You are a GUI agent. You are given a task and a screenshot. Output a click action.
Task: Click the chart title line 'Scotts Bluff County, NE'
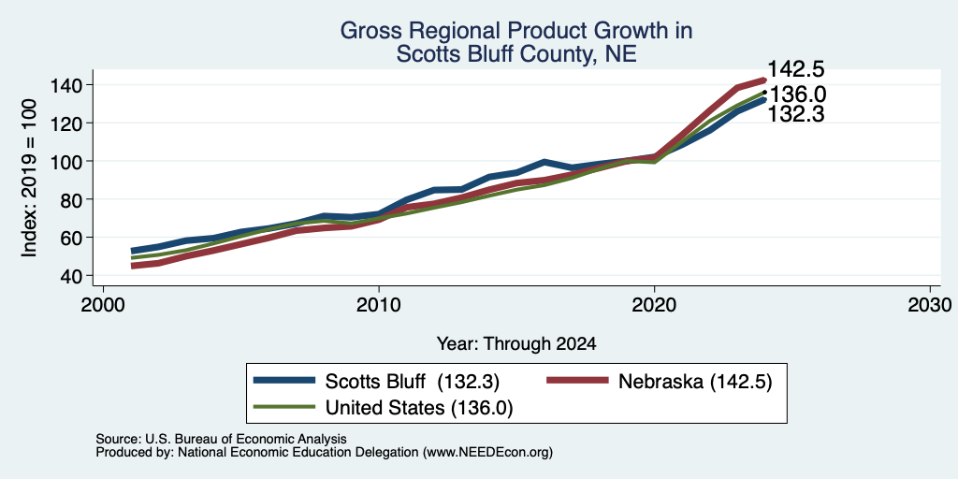coord(516,54)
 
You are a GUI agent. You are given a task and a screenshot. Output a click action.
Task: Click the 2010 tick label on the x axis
coord(379,305)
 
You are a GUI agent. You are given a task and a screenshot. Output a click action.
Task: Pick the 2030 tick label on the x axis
coord(930,305)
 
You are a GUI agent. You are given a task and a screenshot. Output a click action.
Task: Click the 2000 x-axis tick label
coord(103,305)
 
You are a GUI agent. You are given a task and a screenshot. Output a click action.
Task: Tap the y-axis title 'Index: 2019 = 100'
coord(30,179)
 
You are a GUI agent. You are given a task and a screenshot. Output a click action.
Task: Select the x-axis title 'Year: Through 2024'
coord(516,344)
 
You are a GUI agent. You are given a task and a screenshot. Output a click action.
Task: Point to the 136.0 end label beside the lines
coord(795,94)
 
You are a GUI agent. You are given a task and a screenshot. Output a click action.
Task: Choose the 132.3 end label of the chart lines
coord(794,113)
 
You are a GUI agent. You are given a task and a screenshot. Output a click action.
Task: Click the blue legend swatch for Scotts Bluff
coord(284,381)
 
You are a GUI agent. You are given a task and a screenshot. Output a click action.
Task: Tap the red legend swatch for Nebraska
coord(577,381)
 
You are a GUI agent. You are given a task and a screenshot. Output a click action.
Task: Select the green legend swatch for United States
coord(284,406)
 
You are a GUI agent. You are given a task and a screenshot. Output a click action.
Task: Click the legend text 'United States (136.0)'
coord(419,407)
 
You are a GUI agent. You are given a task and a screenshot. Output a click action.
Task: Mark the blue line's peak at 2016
coord(544,162)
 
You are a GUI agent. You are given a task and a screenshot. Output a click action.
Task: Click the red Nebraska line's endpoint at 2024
coord(763,80)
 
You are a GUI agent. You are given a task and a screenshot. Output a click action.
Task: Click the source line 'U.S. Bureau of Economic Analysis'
coord(246,439)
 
